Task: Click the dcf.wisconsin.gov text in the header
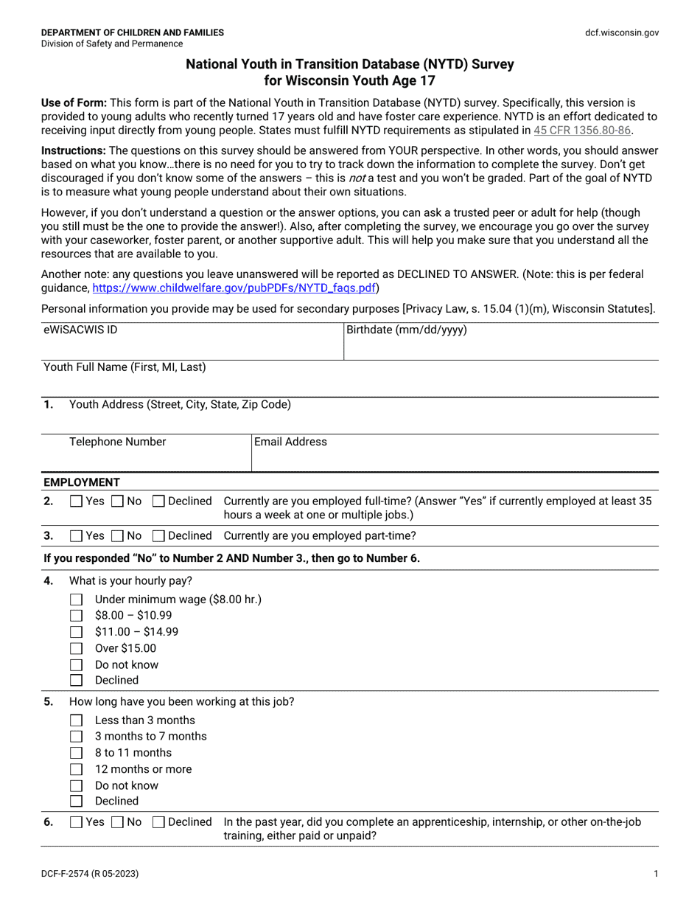tap(622, 32)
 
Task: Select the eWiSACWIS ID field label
tap(80, 330)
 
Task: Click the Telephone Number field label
tap(117, 442)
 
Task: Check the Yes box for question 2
tap(76, 501)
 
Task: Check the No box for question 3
tap(117, 535)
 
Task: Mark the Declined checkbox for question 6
tap(158, 822)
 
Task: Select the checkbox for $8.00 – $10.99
tap(76, 616)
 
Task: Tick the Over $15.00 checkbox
tap(76, 648)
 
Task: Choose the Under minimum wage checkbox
tap(76, 600)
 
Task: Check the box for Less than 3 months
tap(76, 720)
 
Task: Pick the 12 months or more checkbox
tap(76, 769)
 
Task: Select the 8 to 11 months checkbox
tap(76, 753)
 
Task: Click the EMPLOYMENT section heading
tap(81, 482)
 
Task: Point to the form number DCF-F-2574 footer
tap(89, 874)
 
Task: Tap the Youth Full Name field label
tap(125, 366)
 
